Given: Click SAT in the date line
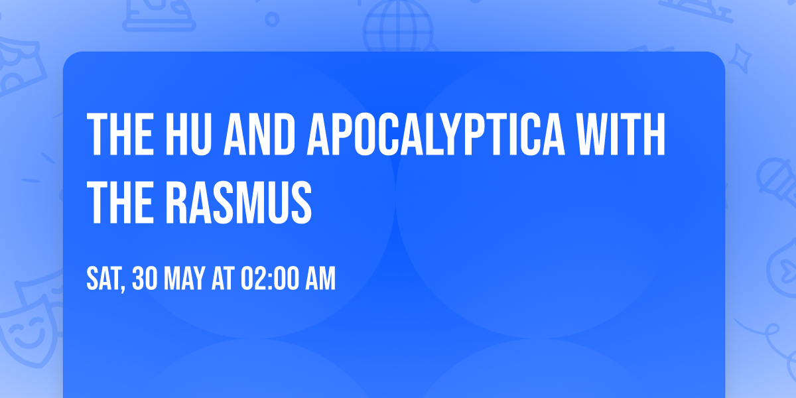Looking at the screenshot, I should [x=103, y=279].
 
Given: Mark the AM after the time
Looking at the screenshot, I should [x=320, y=279].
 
